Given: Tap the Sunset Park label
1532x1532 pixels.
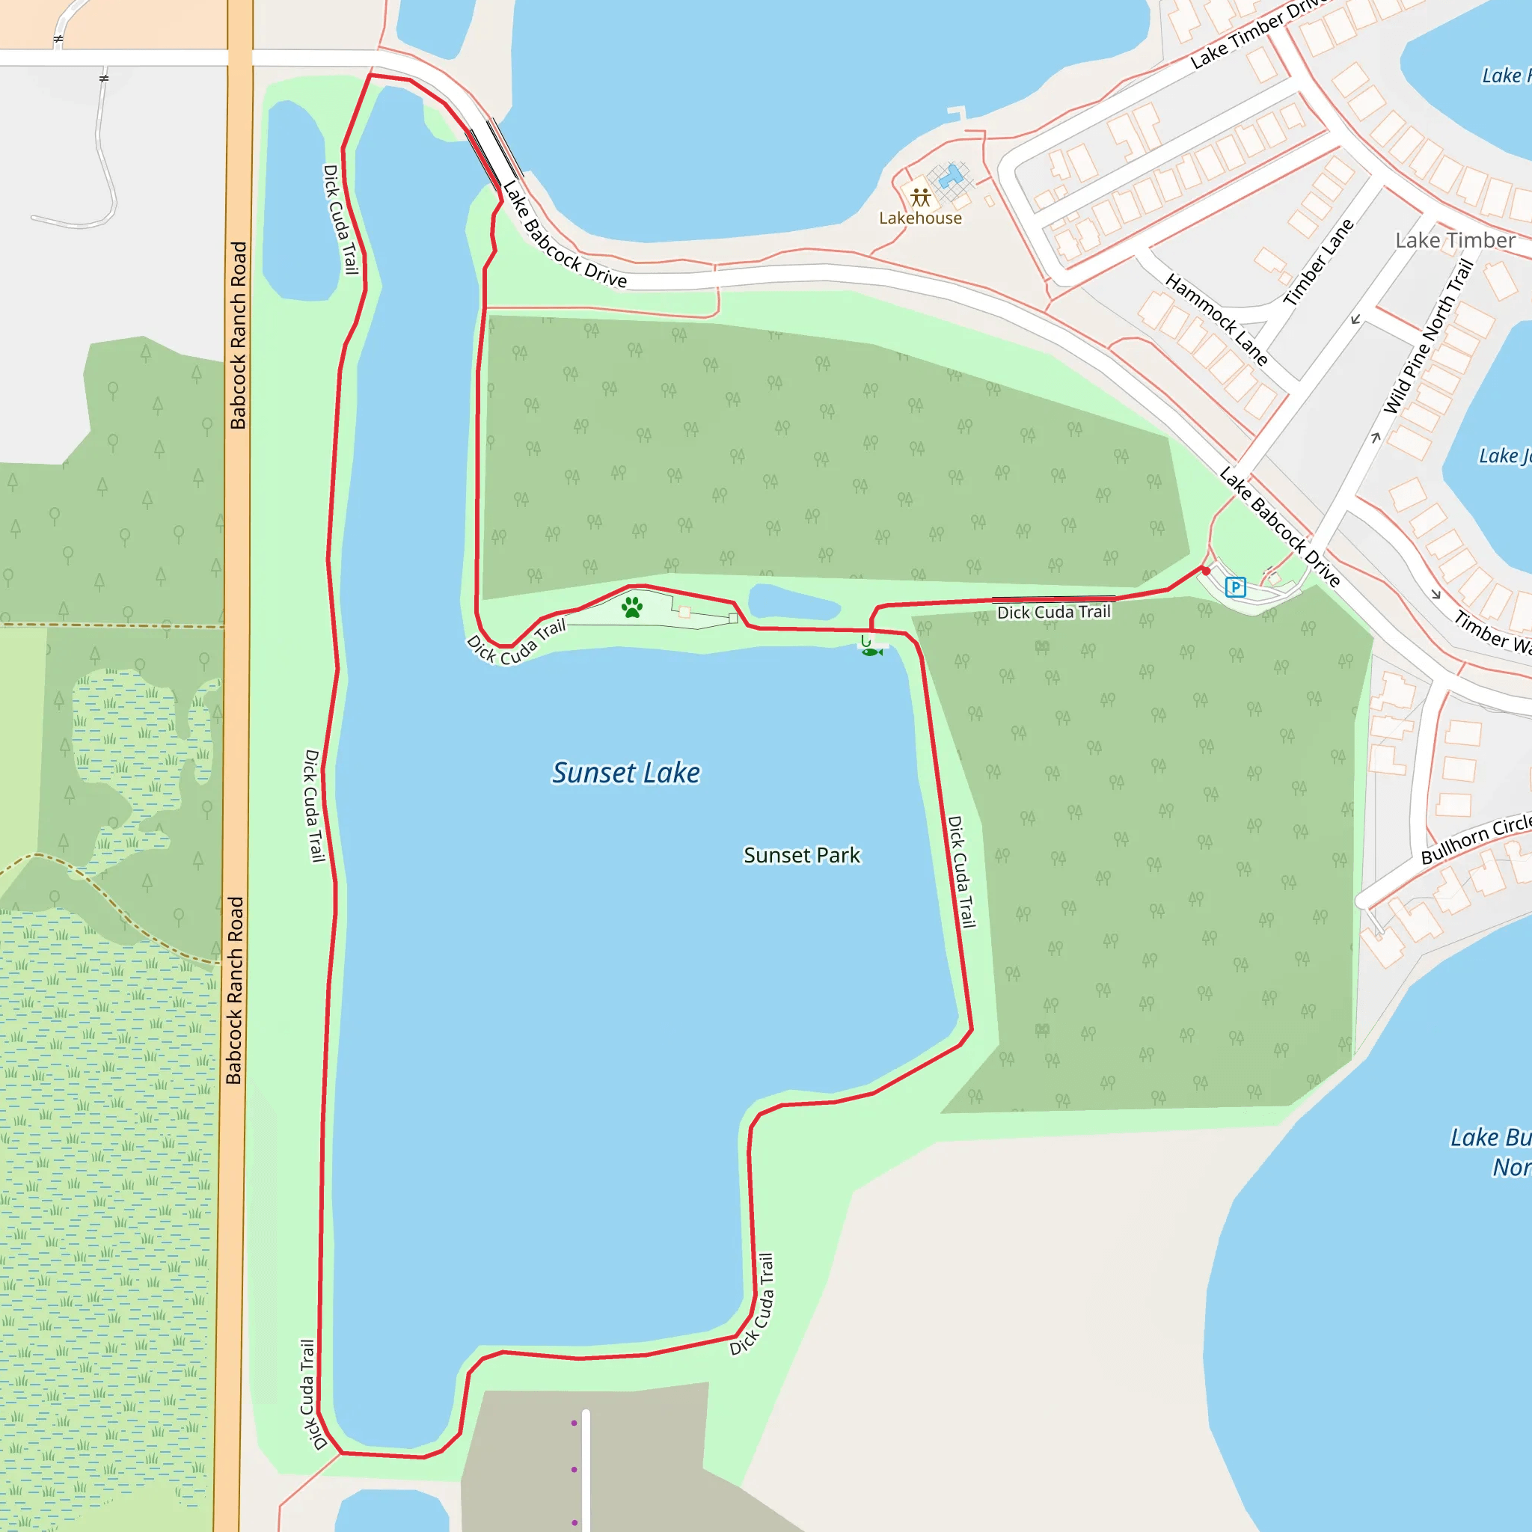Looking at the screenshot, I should coord(801,856).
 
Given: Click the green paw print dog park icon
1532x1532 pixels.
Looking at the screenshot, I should coord(632,608).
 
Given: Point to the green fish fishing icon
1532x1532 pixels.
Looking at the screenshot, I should coord(871,652).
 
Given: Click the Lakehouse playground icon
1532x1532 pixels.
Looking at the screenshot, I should coord(920,197).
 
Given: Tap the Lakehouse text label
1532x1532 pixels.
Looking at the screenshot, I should coord(920,218).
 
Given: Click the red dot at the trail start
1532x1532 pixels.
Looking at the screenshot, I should coord(1205,571).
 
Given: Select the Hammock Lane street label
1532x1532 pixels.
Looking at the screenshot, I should coord(1216,319).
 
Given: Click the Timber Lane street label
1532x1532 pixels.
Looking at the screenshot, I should coord(1318,263).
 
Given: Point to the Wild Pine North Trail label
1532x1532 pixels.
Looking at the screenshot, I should coord(1427,337).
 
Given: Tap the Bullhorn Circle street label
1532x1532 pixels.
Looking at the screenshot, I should coord(1475,839).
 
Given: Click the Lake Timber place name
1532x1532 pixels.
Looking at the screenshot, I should coord(1454,240).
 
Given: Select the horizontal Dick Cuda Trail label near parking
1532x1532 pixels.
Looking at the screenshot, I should coord(1053,612).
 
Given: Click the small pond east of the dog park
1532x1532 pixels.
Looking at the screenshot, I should coord(793,604).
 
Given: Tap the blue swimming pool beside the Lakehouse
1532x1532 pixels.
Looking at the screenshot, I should coord(951,176).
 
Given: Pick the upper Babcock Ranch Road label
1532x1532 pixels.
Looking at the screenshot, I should coord(238,335).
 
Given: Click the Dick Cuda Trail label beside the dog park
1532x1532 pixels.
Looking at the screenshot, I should coord(515,643).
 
